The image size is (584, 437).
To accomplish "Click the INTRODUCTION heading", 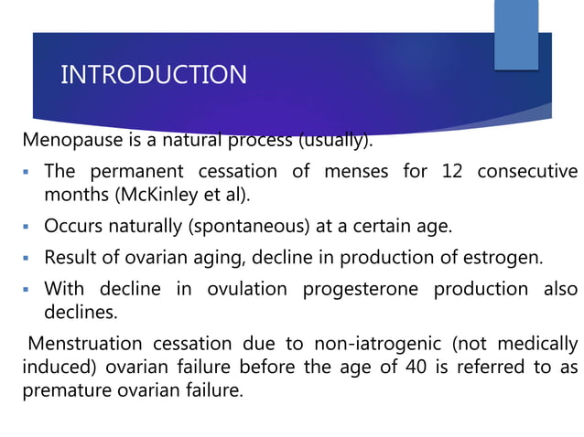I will [x=153, y=74].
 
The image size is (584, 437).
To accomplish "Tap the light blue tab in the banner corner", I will [x=516, y=34].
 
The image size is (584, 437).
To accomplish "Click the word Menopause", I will [x=67, y=142].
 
